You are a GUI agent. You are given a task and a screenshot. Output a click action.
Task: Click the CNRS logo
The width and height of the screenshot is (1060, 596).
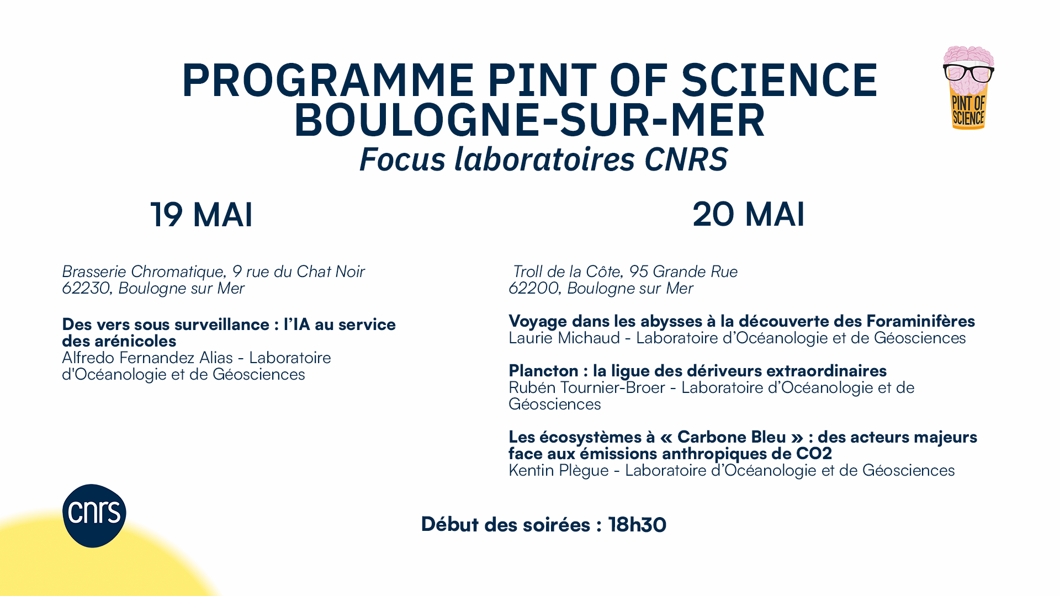tap(94, 515)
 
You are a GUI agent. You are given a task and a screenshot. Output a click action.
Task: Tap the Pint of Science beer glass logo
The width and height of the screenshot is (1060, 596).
tap(968, 88)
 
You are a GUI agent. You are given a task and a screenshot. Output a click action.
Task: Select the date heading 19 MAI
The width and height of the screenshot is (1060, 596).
tap(202, 214)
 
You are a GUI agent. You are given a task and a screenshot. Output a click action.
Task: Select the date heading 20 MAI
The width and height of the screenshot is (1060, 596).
tap(749, 214)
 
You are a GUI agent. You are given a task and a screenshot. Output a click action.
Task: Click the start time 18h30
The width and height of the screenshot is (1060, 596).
tap(637, 524)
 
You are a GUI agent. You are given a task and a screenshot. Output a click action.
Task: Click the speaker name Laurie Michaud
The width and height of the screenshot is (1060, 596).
tap(564, 338)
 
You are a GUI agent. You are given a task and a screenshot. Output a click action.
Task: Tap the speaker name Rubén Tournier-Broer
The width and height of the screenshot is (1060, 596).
tap(587, 387)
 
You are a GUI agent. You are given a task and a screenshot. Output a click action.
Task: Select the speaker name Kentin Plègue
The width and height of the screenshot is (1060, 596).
tap(559, 470)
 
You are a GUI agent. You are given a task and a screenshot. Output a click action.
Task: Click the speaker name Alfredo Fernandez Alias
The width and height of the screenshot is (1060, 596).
tap(147, 358)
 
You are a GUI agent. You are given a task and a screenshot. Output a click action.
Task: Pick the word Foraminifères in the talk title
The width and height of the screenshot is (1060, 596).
tap(921, 321)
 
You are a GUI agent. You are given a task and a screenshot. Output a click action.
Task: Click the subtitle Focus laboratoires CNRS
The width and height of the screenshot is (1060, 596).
tap(544, 159)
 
